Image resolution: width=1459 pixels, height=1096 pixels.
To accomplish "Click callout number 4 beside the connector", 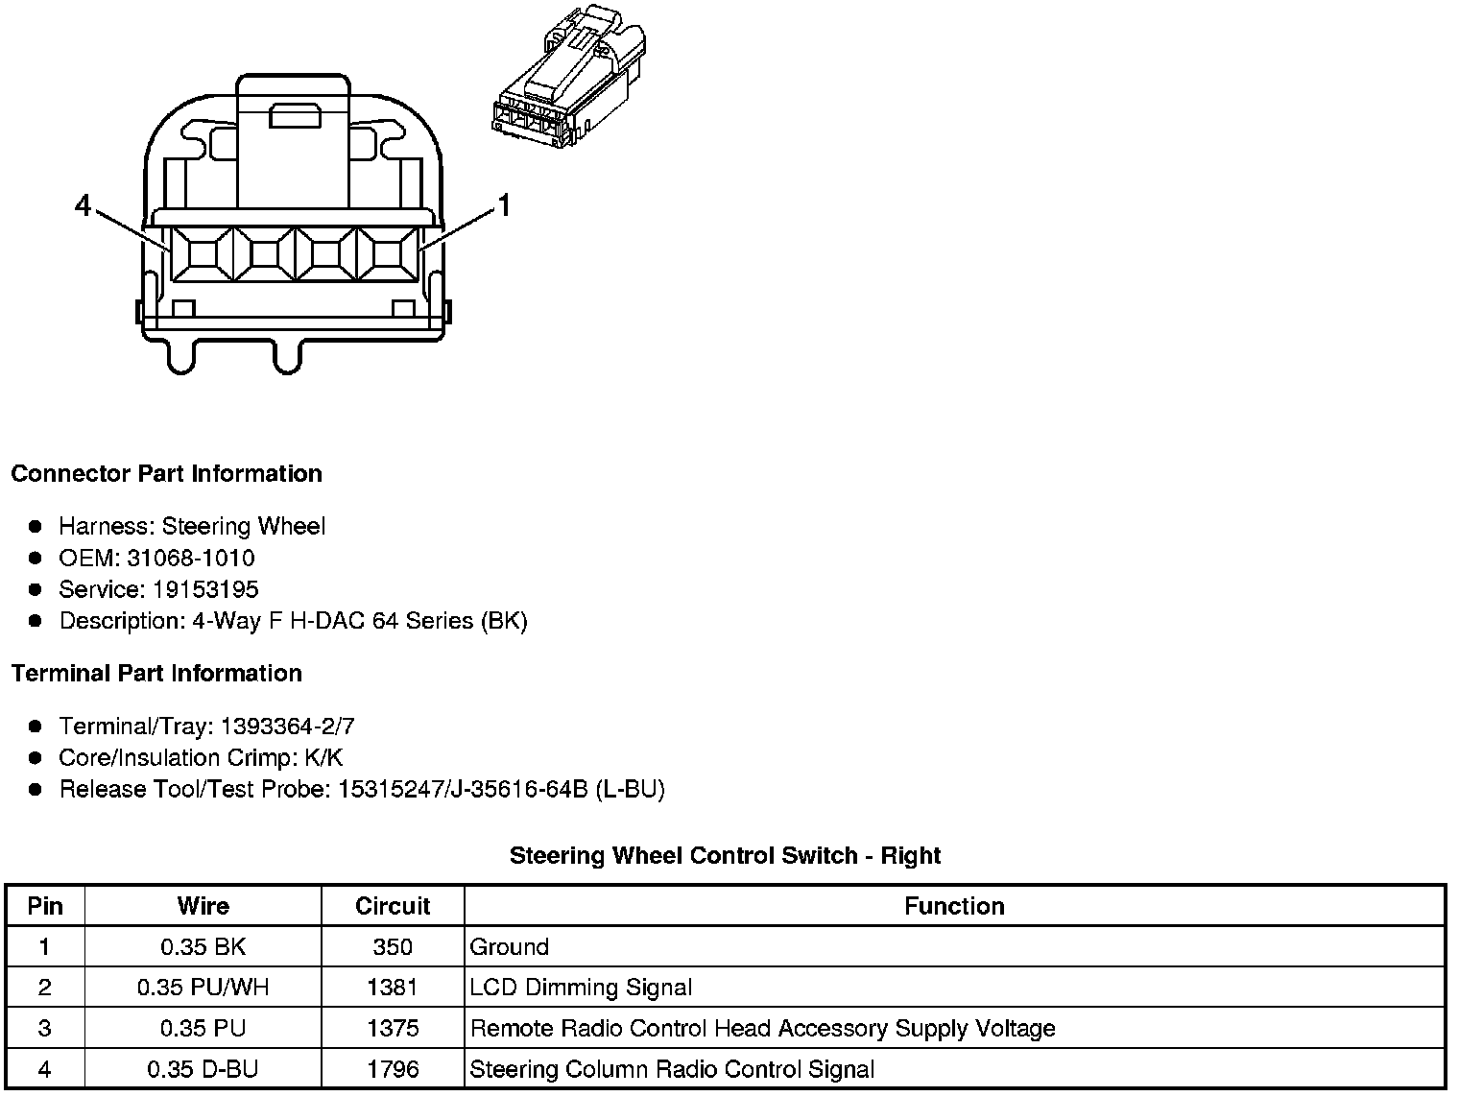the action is [84, 205].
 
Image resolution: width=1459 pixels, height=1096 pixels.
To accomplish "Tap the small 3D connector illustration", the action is [570, 77].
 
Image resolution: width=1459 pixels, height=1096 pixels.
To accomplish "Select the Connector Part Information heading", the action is [166, 474].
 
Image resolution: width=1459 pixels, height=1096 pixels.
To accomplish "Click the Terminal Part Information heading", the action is [156, 674].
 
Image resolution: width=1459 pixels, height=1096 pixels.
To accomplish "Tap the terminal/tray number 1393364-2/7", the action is [287, 726].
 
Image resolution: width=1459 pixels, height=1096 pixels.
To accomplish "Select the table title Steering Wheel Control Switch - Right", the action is [725, 855].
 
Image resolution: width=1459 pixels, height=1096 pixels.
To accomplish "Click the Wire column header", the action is [203, 906].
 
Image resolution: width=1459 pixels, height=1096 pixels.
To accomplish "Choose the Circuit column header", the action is [393, 906].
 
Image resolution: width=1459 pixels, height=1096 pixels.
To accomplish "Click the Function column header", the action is [954, 906].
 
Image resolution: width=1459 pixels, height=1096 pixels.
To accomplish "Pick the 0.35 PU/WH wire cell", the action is [203, 988].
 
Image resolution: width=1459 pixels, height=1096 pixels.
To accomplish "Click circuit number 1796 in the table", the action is [393, 1069].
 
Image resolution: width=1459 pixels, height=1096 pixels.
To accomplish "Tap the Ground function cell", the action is [510, 947].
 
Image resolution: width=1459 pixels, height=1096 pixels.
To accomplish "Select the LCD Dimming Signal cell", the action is [581, 988].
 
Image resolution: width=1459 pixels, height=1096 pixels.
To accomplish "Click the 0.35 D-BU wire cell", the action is [203, 1069].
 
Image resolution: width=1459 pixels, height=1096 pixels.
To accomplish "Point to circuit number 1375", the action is [393, 1029].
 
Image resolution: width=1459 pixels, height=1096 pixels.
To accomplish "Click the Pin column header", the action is [45, 906].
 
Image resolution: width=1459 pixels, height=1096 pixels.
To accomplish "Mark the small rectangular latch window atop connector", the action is [293, 116].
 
